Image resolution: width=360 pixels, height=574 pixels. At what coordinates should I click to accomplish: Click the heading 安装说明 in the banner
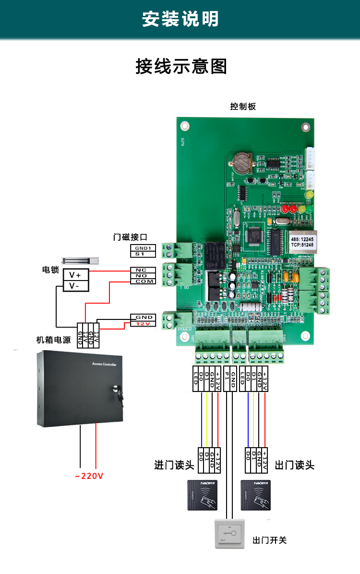pyautogui.click(x=180, y=19)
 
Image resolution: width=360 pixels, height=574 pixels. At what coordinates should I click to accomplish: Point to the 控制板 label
pyautogui.click(x=243, y=107)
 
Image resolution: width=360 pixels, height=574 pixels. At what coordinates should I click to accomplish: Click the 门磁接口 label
pyautogui.click(x=130, y=237)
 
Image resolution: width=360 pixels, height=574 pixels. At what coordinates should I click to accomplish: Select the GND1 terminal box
pyautogui.click(x=143, y=248)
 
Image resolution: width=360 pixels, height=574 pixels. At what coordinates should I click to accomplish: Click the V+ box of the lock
pyautogui.click(x=76, y=275)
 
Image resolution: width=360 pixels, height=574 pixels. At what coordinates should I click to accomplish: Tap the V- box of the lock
pyautogui.click(x=76, y=286)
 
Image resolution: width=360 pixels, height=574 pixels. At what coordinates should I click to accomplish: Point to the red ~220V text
pyautogui.click(x=89, y=476)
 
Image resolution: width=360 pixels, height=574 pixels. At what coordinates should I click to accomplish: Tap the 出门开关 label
pyautogui.click(x=269, y=540)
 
